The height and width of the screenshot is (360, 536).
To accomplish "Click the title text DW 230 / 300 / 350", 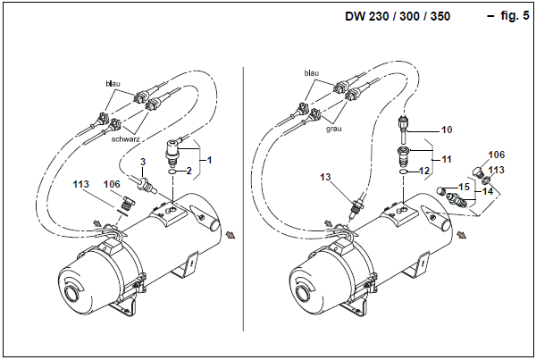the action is click(398, 16).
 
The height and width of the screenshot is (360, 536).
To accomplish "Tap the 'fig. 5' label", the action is click(515, 16).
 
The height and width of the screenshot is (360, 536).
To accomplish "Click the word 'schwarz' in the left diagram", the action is click(125, 139).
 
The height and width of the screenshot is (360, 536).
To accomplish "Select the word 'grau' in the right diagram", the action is click(333, 129).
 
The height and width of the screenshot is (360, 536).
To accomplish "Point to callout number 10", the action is click(447, 130).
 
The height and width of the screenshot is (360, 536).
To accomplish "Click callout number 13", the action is click(325, 177).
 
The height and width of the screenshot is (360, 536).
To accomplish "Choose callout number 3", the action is click(143, 162).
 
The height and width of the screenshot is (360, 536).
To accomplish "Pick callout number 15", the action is click(465, 187).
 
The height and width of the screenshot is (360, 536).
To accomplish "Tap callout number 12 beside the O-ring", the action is click(424, 171).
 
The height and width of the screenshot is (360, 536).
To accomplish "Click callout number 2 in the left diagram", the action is click(189, 171).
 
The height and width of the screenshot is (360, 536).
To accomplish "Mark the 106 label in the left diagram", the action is click(112, 184).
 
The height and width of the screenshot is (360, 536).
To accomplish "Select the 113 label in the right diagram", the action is click(497, 170).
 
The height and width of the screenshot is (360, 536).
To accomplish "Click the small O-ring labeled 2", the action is click(172, 172).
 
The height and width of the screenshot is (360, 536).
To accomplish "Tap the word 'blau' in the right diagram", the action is click(312, 73).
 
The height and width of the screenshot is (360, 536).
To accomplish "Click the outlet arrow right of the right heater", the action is click(462, 235).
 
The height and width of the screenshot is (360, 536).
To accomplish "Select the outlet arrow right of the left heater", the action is click(230, 235).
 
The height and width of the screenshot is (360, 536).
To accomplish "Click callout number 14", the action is click(488, 191).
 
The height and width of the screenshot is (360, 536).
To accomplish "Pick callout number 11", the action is click(447, 159).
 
